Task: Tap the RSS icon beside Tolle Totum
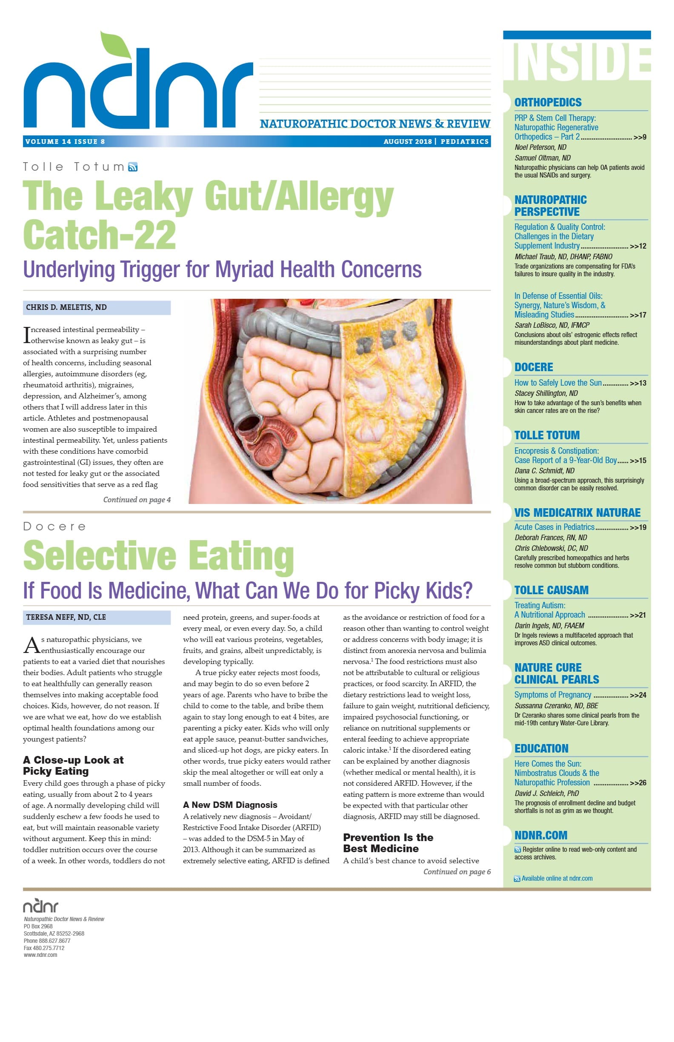tap(133, 167)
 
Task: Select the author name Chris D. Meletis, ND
tap(66, 307)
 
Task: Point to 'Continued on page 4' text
tap(137, 500)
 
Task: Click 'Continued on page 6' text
tap(457, 872)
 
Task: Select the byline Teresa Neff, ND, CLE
tap(66, 617)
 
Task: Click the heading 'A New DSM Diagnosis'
tap(230, 805)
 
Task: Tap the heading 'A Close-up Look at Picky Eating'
tap(73, 765)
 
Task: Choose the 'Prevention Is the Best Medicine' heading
tap(388, 843)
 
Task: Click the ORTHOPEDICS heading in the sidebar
tap(548, 103)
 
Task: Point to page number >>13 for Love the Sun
tap(638, 383)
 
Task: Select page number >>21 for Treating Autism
tap(638, 615)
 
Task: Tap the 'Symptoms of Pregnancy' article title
tap(552, 695)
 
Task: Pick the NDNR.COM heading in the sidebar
tap(540, 836)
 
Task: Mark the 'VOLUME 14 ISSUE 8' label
tap(65, 141)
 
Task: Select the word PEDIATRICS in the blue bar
tap(464, 141)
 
